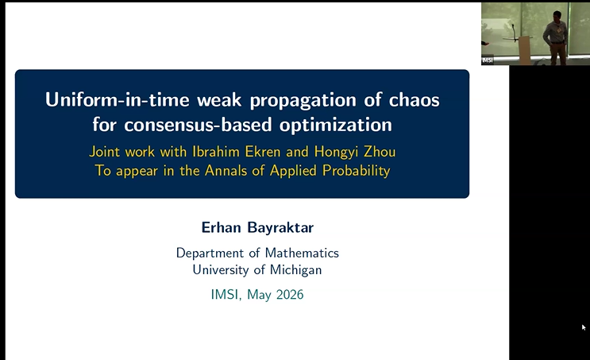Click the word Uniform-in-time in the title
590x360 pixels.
click(x=117, y=100)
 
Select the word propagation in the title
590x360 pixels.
click(x=303, y=101)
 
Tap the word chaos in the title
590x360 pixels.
click(x=414, y=100)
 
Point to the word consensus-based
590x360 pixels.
click(x=198, y=125)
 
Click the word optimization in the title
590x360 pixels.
click(x=336, y=126)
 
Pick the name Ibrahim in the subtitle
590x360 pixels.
click(x=216, y=151)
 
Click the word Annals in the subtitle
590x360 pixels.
click(x=226, y=171)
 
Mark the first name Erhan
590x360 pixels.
click(x=221, y=227)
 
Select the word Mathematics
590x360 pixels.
click(x=302, y=253)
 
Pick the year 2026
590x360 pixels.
click(x=290, y=295)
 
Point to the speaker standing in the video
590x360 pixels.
click(x=555, y=37)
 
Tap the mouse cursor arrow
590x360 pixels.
click(x=584, y=327)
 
